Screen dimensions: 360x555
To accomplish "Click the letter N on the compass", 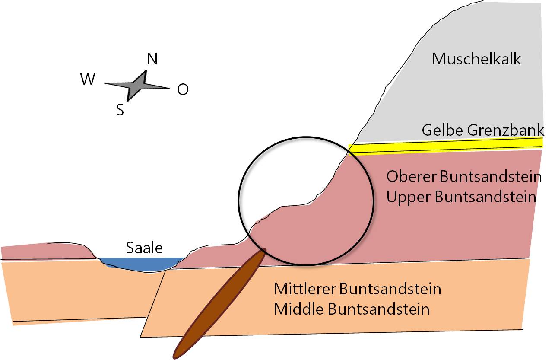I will pyautogui.click(x=152, y=59).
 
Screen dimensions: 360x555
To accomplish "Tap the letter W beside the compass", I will pyautogui.click(x=88, y=80).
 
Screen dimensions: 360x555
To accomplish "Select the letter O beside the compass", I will pyautogui.click(x=183, y=89).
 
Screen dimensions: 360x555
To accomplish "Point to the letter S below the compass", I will pyautogui.click(x=120, y=110).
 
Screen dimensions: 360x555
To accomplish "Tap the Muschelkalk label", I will pyautogui.click(x=476, y=59).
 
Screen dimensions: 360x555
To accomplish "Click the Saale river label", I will pyautogui.click(x=144, y=248).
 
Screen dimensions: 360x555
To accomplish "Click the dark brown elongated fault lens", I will pyautogui.click(x=220, y=303).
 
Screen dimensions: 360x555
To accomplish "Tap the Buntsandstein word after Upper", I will pyautogui.click(x=485, y=197).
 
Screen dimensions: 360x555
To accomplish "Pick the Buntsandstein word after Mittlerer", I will pyautogui.click(x=390, y=288).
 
